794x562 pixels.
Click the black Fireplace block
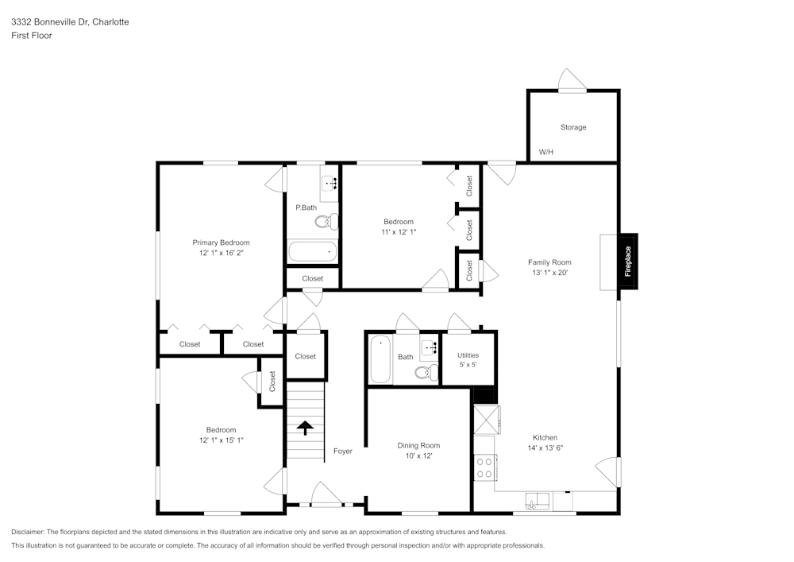click(628, 261)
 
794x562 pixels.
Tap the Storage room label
click(573, 127)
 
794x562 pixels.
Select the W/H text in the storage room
click(546, 152)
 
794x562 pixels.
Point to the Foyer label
click(342, 452)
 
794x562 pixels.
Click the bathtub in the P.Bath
click(312, 252)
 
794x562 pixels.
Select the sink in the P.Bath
click(330, 184)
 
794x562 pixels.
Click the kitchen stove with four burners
click(484, 467)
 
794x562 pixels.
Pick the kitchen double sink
click(538, 501)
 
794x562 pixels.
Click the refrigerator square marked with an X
click(486, 419)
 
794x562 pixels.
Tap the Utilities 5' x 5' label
click(468, 360)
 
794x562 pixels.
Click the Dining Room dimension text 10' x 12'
click(418, 455)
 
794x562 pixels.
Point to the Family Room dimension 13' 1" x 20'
click(549, 273)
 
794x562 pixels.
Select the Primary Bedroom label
click(221, 242)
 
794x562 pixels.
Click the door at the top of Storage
click(572, 82)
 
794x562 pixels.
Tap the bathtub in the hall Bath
click(380, 360)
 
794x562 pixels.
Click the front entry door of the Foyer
click(326, 495)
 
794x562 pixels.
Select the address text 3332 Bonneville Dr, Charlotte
click(70, 22)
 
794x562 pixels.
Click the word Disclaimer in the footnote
click(28, 532)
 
